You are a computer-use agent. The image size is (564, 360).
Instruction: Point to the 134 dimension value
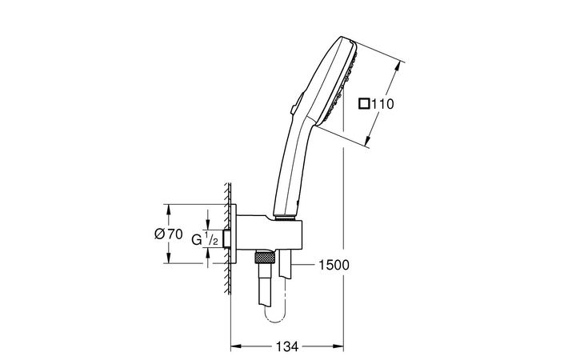[x=286, y=346]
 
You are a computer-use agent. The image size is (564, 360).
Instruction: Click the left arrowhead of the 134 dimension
[x=235, y=346]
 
